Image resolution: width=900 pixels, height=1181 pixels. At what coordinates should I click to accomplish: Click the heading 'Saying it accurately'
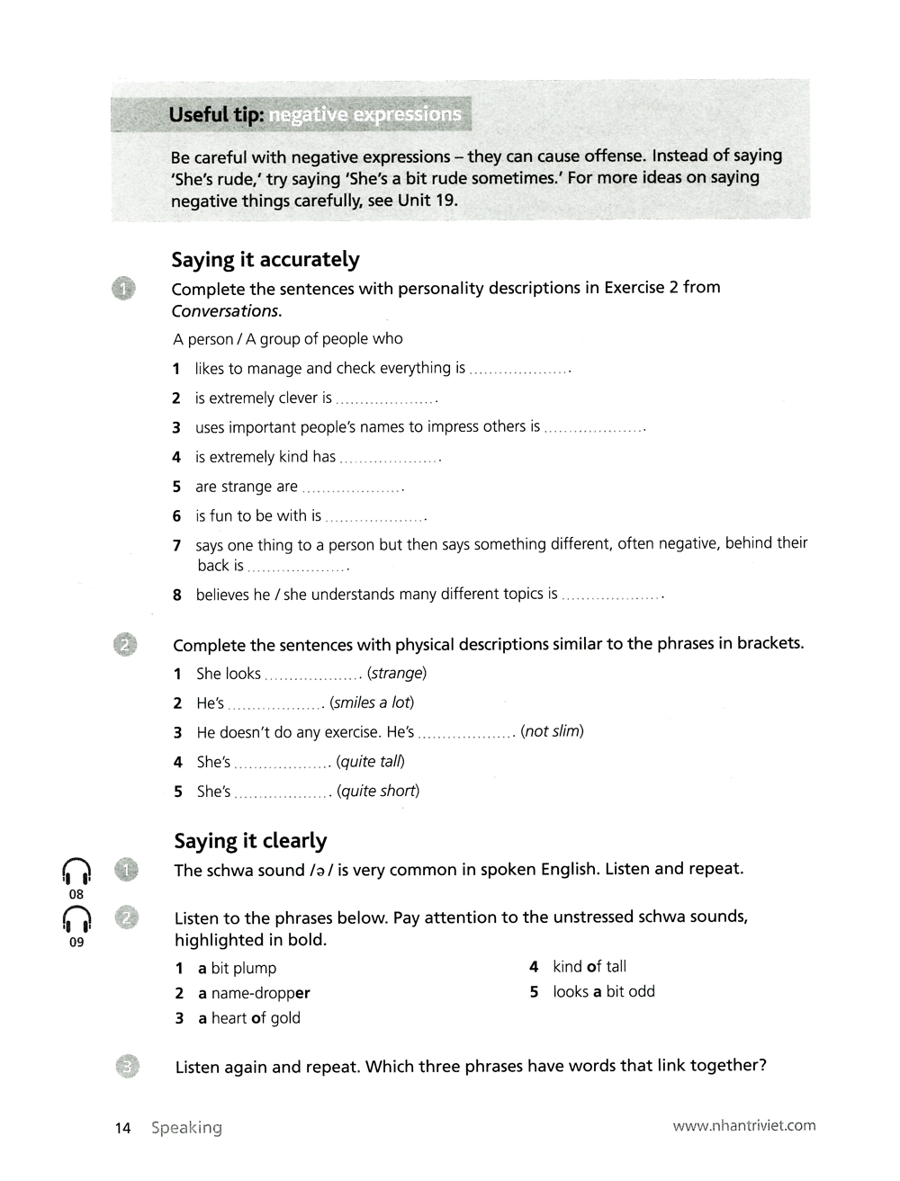tap(265, 260)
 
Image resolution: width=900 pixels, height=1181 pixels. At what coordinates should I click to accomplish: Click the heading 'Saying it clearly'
tap(250, 841)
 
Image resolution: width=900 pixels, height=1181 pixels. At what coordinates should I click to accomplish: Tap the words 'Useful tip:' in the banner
tap(216, 115)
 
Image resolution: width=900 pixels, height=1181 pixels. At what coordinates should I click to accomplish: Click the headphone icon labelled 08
tap(76, 872)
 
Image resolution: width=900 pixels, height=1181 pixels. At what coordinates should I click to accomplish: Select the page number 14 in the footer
tap(123, 1128)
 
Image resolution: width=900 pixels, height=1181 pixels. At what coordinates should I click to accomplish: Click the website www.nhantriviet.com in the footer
tap(744, 1125)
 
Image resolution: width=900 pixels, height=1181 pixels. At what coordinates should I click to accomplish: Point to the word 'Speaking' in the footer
tap(186, 1128)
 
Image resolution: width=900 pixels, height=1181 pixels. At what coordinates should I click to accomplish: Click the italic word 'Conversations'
tap(225, 311)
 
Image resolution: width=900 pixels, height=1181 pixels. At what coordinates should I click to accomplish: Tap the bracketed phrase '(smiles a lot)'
tap(372, 702)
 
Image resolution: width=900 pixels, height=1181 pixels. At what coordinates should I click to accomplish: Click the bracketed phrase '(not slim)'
tap(552, 731)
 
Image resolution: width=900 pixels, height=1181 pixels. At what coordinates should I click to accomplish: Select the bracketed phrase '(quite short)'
tap(378, 792)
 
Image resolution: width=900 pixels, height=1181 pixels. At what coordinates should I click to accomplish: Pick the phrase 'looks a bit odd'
tap(604, 992)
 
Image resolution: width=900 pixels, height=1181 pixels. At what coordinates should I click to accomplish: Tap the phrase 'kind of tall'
tap(589, 967)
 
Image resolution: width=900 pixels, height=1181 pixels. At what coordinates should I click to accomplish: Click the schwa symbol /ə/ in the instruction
tap(321, 871)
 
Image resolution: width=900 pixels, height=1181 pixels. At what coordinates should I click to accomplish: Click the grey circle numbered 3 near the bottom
tap(128, 1067)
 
